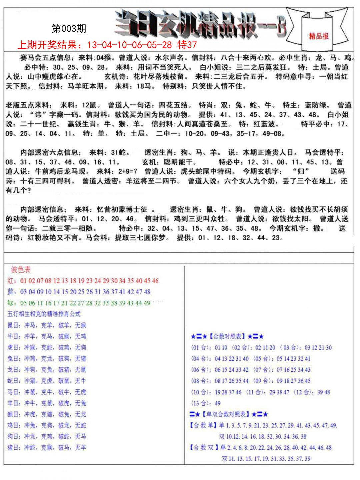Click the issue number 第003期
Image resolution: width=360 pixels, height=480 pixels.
69,29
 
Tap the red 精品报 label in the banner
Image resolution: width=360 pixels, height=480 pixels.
319,36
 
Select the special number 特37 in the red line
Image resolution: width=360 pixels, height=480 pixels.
187,45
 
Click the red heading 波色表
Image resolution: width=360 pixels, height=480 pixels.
20,269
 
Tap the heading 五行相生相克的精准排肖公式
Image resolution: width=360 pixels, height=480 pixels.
44,314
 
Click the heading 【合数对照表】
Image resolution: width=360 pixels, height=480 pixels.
227,336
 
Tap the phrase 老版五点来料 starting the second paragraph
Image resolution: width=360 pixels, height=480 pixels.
28,105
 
